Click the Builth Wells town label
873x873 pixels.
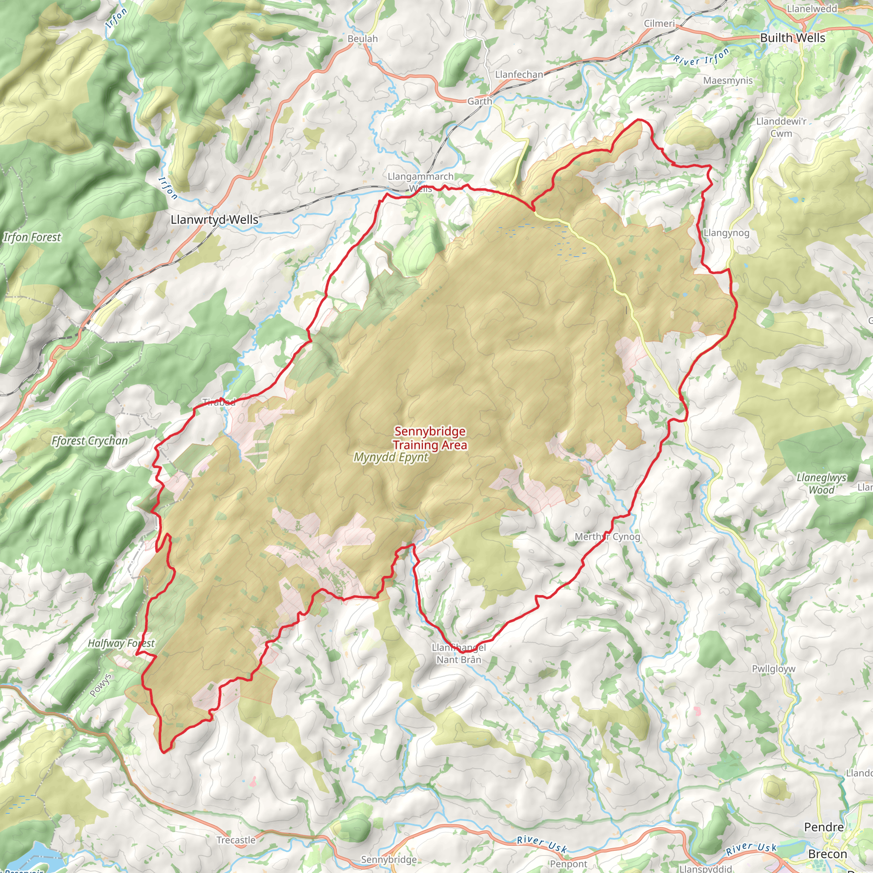[792, 38]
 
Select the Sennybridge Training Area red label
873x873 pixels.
[430, 438]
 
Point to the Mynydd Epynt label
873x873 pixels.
[390, 457]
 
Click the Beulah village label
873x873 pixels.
[362, 39]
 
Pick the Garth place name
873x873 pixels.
[480, 101]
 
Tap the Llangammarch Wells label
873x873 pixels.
[420, 182]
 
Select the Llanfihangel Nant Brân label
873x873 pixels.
[459, 653]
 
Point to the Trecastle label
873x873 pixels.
[236, 840]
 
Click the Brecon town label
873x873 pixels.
[827, 854]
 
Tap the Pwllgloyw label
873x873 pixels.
[774, 669]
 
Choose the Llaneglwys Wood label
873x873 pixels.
[821, 483]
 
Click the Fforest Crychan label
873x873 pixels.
[90, 441]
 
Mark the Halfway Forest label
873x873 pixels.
[121, 643]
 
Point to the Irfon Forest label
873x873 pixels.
[32, 237]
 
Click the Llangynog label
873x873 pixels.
[727, 233]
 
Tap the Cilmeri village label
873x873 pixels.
[659, 23]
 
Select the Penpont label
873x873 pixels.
[569, 864]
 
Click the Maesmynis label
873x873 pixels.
[728, 81]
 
